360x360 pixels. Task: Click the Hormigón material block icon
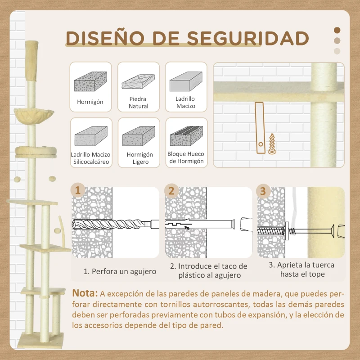point(90,82)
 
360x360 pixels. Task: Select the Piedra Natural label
point(138,103)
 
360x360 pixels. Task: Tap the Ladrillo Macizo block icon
point(186,83)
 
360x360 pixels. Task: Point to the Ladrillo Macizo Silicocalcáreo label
point(90,158)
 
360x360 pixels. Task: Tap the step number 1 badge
point(79,190)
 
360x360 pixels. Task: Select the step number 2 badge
point(171,190)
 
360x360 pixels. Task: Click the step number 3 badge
point(263,190)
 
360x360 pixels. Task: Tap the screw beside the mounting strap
point(272,143)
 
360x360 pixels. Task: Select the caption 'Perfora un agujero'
point(120,271)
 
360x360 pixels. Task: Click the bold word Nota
point(85,293)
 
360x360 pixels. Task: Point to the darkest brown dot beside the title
point(337,31)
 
